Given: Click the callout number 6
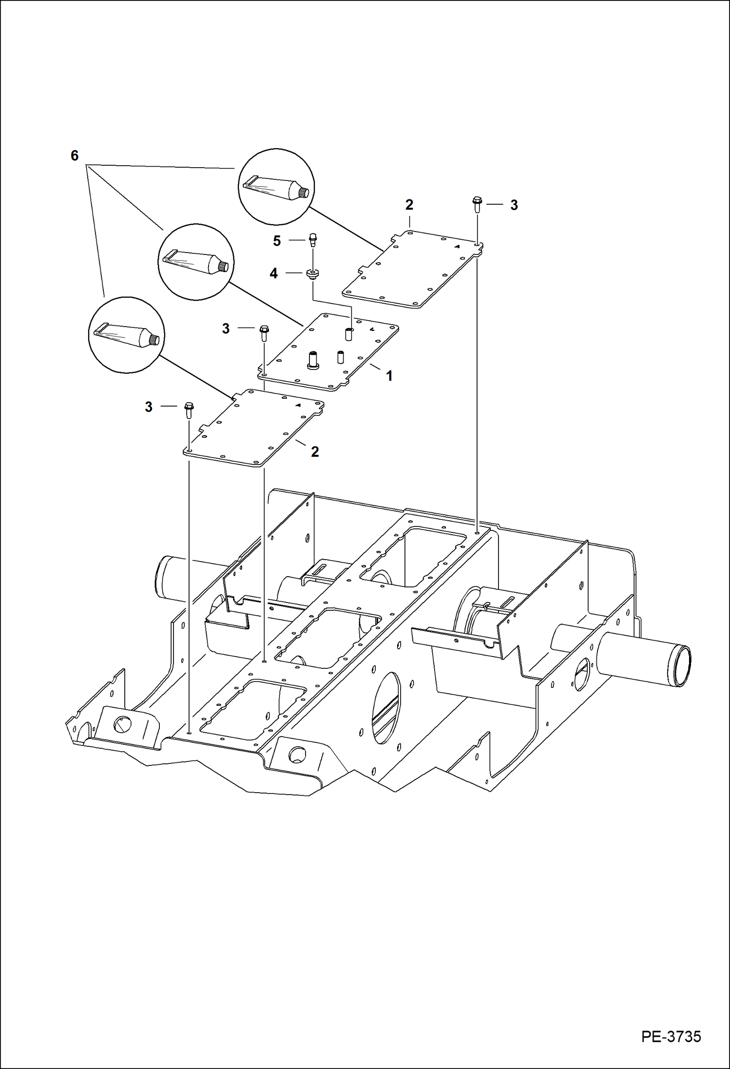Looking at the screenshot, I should [75, 155].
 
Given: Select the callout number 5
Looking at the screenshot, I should [277, 241].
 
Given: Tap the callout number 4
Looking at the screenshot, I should [274, 274].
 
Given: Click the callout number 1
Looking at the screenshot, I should [389, 376].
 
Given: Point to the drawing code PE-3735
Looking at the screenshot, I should [671, 1036].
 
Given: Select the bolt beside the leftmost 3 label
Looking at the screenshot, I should [189, 409].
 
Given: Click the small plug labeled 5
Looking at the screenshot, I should [311, 240].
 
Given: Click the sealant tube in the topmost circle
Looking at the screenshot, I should [275, 188].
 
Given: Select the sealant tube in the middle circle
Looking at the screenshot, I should [197, 261].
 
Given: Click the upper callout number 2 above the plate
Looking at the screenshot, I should [409, 205].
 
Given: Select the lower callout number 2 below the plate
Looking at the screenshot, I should [315, 451].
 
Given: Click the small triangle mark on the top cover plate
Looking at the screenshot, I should [458, 247].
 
